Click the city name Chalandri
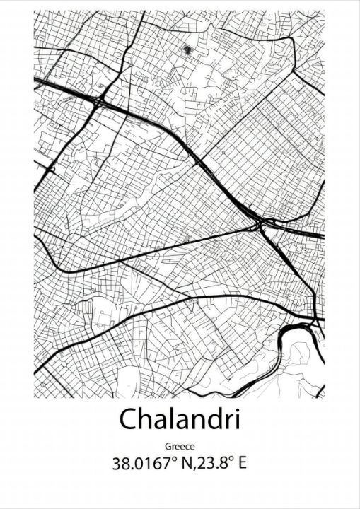click(x=180, y=419)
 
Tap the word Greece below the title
click(x=180, y=447)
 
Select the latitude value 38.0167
click(x=141, y=464)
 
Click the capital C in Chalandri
click(x=128, y=419)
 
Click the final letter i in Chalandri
click(x=237, y=419)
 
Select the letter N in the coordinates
click(x=183, y=464)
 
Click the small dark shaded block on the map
click(x=187, y=49)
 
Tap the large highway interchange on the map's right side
click(x=264, y=225)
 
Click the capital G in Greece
click(x=168, y=447)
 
